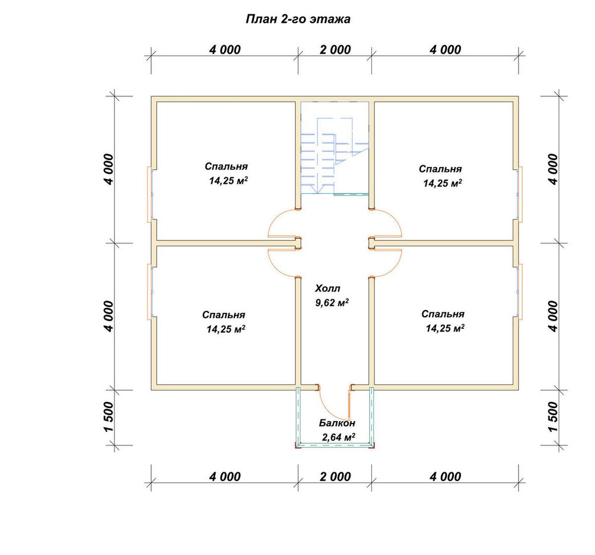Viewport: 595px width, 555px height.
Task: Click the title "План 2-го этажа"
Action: click(298, 19)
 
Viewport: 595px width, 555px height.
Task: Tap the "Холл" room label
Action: click(327, 289)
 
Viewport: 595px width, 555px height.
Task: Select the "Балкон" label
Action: click(337, 423)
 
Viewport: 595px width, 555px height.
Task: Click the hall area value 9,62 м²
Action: click(332, 303)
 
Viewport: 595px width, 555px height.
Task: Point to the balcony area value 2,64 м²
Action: click(339, 437)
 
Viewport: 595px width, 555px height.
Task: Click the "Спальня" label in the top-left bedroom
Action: click(226, 167)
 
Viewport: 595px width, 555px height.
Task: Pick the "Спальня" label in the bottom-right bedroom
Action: click(443, 314)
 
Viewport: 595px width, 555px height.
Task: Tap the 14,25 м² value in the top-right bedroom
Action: click(443, 183)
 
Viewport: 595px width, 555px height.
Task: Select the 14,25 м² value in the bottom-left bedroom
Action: click(226, 329)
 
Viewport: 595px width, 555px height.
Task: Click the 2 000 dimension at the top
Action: click(335, 50)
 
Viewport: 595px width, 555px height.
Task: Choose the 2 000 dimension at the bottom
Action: click(335, 476)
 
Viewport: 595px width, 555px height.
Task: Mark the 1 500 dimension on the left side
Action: click(108, 417)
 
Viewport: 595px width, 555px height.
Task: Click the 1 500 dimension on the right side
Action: click(553, 417)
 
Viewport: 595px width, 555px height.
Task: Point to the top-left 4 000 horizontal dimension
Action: click(225, 50)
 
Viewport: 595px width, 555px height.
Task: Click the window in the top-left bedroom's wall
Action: click(150, 195)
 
